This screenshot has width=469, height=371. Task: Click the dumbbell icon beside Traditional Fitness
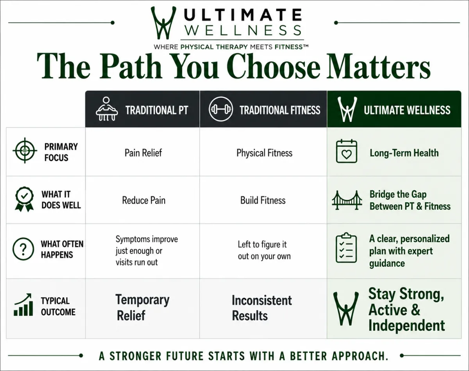click(x=220, y=109)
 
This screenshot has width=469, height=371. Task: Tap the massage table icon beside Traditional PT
click(x=107, y=109)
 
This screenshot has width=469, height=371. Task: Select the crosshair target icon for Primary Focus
click(x=25, y=150)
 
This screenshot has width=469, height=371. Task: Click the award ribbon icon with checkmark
click(x=24, y=199)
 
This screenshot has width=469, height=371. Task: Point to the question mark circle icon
click(x=23, y=249)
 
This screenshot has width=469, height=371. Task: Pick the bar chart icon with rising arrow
click(x=23, y=304)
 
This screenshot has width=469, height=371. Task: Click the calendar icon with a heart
click(x=347, y=151)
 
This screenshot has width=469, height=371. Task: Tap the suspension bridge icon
click(x=347, y=200)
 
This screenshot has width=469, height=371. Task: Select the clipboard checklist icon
click(x=346, y=248)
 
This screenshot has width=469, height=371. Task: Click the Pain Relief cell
click(x=143, y=153)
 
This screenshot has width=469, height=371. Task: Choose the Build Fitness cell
click(x=263, y=200)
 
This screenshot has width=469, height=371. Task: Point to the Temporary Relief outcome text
click(x=142, y=307)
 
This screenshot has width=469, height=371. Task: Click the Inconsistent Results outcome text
click(x=262, y=308)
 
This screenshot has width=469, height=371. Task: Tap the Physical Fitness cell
click(x=264, y=153)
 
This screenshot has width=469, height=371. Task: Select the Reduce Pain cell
click(x=143, y=200)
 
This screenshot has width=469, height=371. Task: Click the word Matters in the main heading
click(x=379, y=67)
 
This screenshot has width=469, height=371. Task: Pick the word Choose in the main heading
click(x=274, y=67)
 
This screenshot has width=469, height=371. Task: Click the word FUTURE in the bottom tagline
click(x=185, y=356)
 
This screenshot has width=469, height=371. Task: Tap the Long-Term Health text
click(x=404, y=153)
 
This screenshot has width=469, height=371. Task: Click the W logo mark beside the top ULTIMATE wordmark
click(x=163, y=23)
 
